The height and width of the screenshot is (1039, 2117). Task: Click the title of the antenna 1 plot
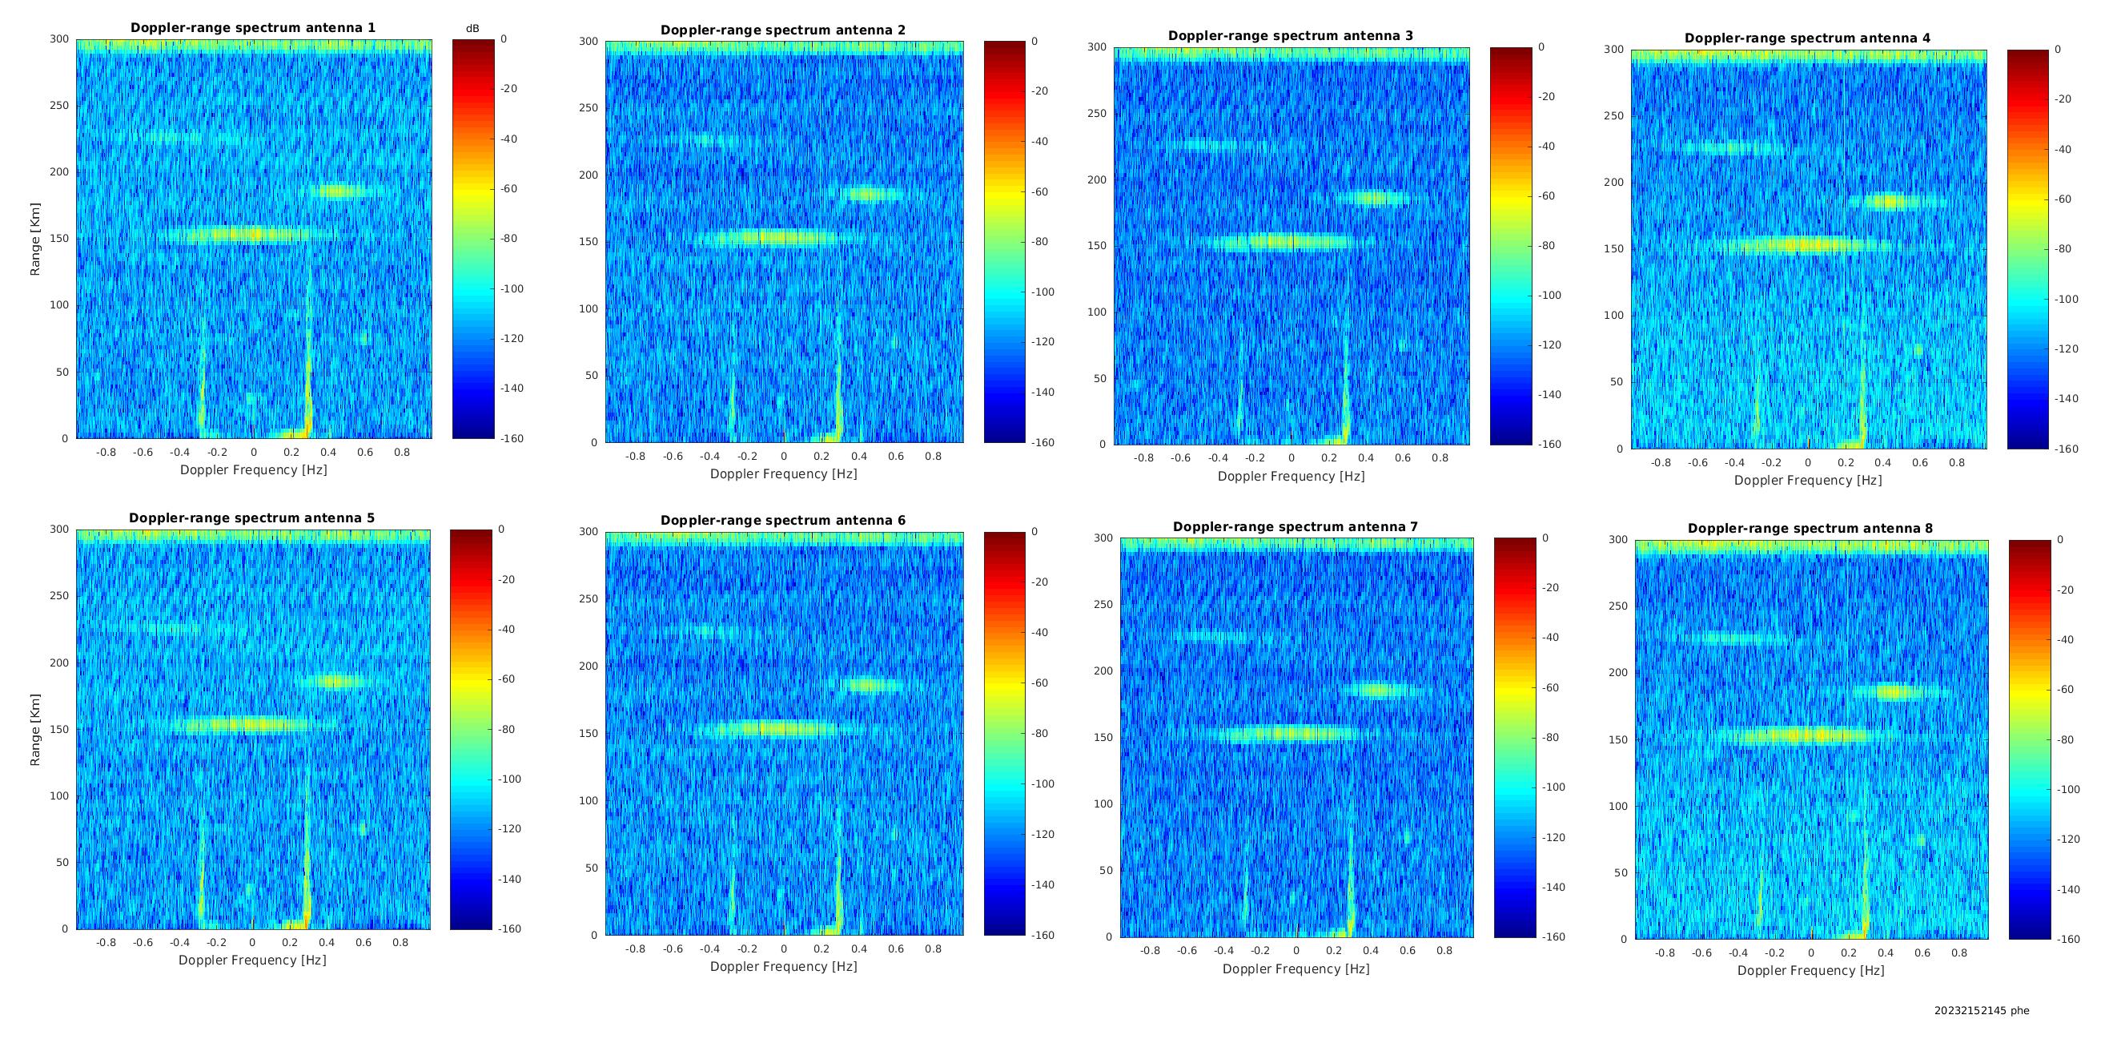tap(253, 28)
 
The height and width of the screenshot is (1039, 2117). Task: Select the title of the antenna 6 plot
tap(783, 521)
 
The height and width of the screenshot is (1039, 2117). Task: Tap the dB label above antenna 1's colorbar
tap(472, 29)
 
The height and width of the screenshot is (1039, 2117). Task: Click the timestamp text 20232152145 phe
tap(1982, 1010)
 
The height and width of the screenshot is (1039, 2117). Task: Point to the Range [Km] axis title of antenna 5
tap(35, 729)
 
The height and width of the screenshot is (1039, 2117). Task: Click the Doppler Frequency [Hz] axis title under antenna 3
tap(1291, 476)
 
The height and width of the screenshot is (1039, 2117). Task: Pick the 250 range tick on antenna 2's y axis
tap(589, 107)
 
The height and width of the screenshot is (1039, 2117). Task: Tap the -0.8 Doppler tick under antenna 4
tap(1661, 463)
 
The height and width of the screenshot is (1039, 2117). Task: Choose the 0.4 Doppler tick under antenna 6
tap(859, 948)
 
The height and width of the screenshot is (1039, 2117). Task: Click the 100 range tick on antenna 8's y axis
tap(1617, 806)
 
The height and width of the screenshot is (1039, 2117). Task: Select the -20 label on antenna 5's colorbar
tap(506, 579)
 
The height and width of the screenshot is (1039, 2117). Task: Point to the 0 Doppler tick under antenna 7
tap(1297, 950)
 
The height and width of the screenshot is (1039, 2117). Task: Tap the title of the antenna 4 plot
tap(1808, 38)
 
